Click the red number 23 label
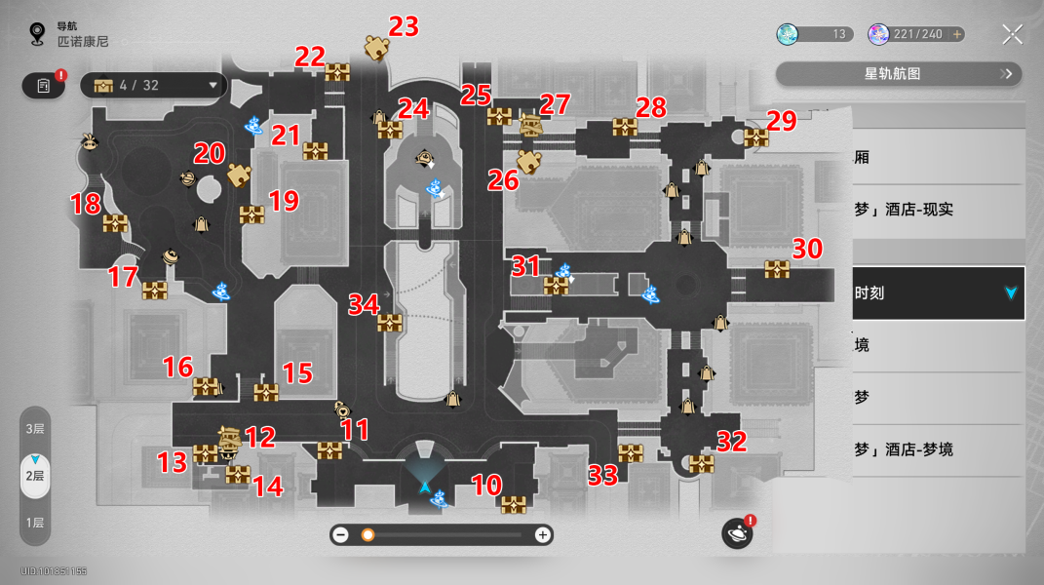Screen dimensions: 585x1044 (404, 26)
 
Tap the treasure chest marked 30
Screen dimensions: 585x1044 (777, 270)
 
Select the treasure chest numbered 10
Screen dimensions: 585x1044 (514, 504)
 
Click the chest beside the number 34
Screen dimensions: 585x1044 (391, 323)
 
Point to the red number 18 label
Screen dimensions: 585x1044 (86, 205)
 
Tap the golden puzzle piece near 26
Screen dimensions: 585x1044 (529, 161)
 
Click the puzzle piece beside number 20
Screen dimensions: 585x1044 (238, 175)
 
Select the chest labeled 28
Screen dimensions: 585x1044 (625, 127)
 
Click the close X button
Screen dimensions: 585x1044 (1013, 35)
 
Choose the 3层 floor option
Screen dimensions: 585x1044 (35, 429)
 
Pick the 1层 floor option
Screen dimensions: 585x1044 (35, 523)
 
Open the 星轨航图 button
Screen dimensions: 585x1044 (899, 73)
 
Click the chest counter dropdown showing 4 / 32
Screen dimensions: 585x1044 (154, 86)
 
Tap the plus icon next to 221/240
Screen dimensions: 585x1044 (957, 34)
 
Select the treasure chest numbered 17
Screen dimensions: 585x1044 (155, 290)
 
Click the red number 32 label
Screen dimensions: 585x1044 (731, 442)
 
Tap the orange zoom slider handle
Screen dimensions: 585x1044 (367, 534)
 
